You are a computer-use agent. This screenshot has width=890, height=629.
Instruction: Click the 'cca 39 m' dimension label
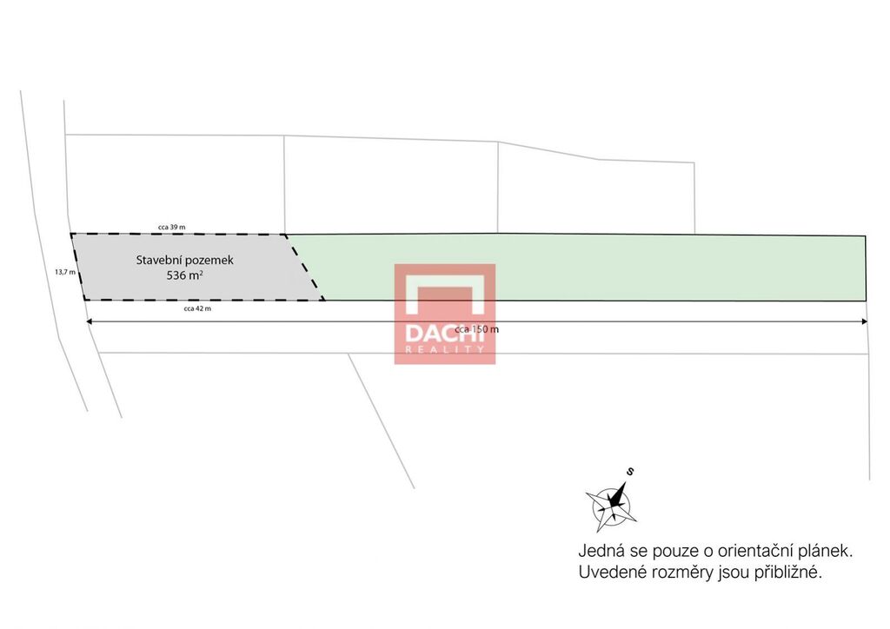tap(171, 227)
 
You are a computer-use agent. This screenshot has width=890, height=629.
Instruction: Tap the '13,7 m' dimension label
tap(64, 272)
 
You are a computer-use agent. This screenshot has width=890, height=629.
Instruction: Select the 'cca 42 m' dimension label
tap(197, 308)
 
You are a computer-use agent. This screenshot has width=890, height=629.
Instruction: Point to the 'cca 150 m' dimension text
tap(477, 329)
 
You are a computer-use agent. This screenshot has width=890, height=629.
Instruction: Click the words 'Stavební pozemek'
tap(184, 261)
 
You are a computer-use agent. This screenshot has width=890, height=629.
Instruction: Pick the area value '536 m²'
tap(184, 275)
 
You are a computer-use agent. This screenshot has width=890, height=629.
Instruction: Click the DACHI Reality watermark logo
tap(445, 314)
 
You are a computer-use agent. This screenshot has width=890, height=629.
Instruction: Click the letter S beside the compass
tap(630, 472)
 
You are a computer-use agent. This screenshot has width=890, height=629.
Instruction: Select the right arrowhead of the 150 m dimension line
tap(865, 321)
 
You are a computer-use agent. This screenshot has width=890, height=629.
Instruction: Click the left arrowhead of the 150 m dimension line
tap(89, 321)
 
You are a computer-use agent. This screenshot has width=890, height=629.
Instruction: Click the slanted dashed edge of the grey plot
tap(305, 267)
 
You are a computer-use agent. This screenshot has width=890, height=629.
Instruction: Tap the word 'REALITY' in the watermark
tap(444, 349)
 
